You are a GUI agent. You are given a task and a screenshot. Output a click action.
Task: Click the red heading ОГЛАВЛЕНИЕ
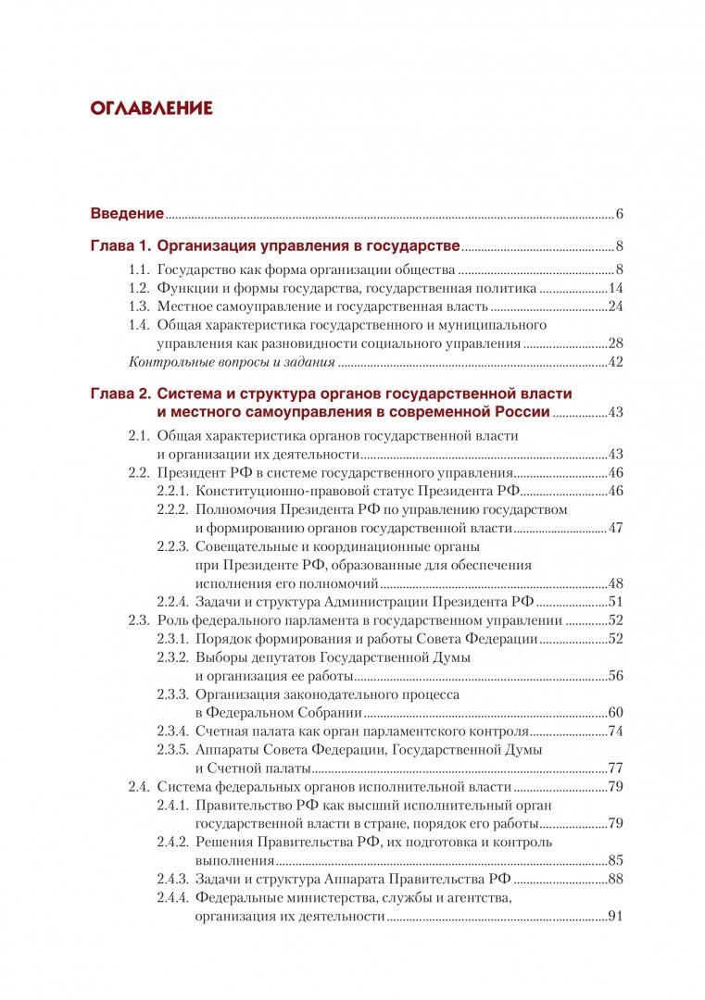pos(152,109)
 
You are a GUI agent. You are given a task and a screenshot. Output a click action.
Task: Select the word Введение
pos(127,215)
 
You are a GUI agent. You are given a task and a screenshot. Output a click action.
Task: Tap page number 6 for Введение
pos(619,215)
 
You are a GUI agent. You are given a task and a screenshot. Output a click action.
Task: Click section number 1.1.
pos(138,270)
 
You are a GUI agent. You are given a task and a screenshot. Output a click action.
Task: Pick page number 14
pos(614,288)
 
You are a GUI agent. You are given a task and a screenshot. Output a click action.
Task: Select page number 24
pos(614,306)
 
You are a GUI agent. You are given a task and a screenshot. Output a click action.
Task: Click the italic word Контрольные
pos(168,362)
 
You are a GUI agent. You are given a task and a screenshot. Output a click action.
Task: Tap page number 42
pos(614,362)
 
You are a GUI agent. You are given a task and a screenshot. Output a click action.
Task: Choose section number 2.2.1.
pos(173,491)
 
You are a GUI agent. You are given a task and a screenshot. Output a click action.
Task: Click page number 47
pos(614,528)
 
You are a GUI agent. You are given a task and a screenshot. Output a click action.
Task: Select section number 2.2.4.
pos(173,602)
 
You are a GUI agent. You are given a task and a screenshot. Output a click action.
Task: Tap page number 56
pos(614,675)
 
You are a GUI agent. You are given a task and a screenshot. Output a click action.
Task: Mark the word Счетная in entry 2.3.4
pos(222,731)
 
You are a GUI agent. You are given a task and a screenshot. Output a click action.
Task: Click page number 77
pos(614,768)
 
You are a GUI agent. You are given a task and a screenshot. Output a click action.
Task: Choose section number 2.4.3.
pos(173,879)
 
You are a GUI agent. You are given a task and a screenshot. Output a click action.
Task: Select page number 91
pos(614,917)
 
